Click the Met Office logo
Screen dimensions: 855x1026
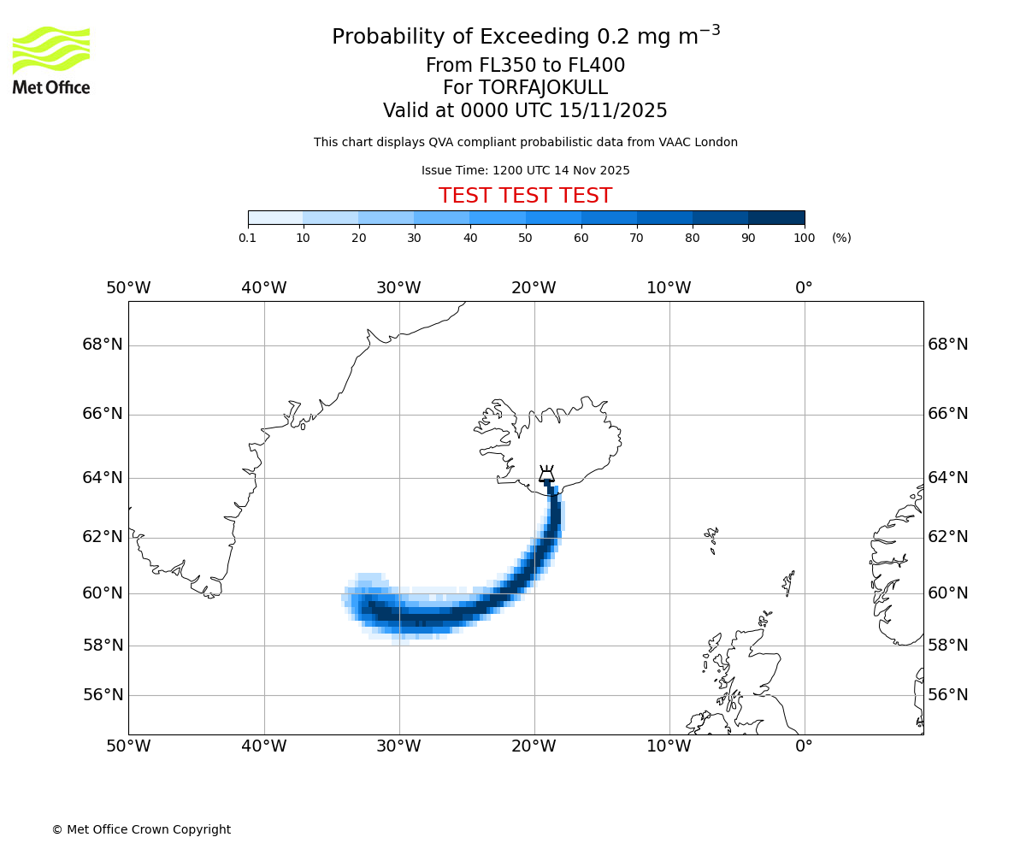click(x=51, y=60)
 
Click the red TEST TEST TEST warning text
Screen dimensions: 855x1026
click(x=525, y=196)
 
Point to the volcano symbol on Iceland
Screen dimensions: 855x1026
click(x=546, y=474)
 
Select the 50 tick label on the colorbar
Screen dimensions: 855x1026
click(x=525, y=238)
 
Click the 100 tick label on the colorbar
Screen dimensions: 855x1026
click(x=804, y=238)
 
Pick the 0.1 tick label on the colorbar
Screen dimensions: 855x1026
click(x=247, y=238)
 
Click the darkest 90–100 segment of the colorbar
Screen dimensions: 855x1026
click(x=776, y=217)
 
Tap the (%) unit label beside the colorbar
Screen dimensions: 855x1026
click(x=841, y=238)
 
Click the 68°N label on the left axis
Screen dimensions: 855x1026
click(x=103, y=345)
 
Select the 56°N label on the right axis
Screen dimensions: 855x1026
click(x=948, y=695)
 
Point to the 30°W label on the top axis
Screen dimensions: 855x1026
click(x=398, y=288)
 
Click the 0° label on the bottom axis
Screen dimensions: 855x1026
click(x=804, y=746)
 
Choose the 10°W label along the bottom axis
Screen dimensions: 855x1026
click(x=669, y=746)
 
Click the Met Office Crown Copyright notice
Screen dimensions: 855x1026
click(x=141, y=829)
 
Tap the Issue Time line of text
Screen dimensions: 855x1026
click(x=525, y=170)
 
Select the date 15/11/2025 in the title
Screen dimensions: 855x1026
click(x=613, y=110)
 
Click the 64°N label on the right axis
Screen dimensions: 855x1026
click(x=948, y=478)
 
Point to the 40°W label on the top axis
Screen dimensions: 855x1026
click(x=263, y=288)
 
